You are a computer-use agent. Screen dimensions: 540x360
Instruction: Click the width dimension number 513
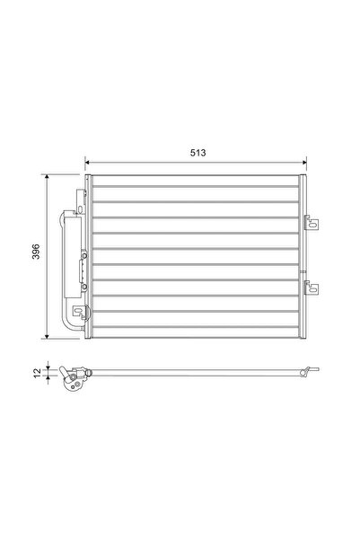click(198, 153)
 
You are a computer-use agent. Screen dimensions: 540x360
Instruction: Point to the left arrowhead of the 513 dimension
click(89, 163)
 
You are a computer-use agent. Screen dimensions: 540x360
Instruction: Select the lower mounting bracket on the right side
click(312, 288)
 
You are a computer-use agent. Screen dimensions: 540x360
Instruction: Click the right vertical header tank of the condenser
click(302, 256)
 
